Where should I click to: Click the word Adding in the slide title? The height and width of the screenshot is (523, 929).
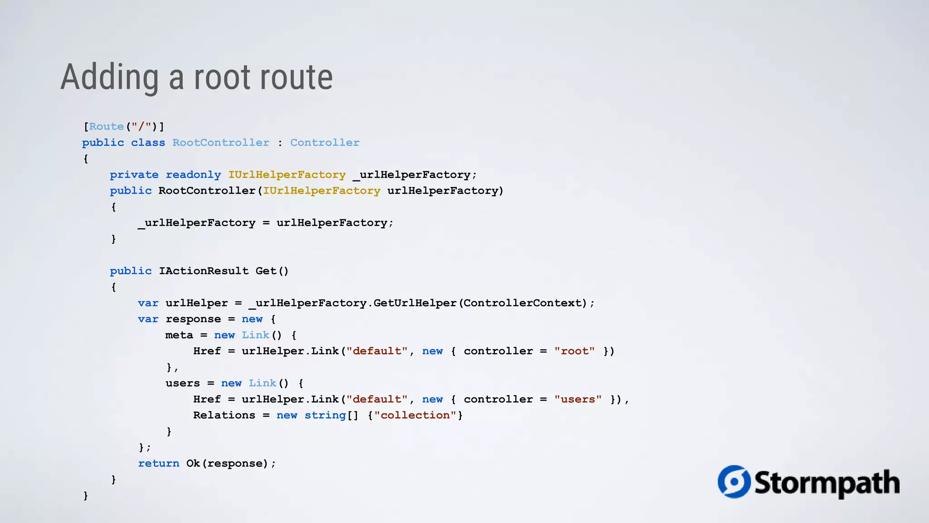(x=109, y=77)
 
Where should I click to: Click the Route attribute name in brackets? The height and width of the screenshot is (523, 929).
(x=106, y=127)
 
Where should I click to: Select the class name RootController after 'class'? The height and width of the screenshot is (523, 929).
(x=220, y=143)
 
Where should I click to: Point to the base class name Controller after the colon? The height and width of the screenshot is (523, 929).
(x=324, y=143)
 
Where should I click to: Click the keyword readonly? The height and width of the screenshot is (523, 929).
(x=193, y=175)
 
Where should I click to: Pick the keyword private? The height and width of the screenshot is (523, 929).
(x=134, y=175)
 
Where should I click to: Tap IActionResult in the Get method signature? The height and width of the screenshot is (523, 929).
(x=203, y=271)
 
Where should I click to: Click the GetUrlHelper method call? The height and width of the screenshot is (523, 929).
(x=415, y=303)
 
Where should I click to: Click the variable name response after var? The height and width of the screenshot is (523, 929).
(x=193, y=319)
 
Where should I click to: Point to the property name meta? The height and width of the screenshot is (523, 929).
(x=179, y=335)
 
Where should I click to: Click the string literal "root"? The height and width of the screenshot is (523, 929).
(x=574, y=351)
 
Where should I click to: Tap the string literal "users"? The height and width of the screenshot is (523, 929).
(x=578, y=399)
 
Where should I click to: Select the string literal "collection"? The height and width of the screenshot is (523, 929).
(x=415, y=415)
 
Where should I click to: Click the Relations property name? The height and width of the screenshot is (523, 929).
(x=224, y=415)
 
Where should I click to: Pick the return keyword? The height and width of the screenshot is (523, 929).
(x=158, y=463)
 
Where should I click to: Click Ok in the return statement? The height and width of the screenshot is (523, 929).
(x=193, y=463)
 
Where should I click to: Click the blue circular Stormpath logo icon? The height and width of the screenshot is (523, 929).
(x=733, y=482)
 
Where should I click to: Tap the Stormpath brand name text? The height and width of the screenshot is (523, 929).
(x=826, y=483)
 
